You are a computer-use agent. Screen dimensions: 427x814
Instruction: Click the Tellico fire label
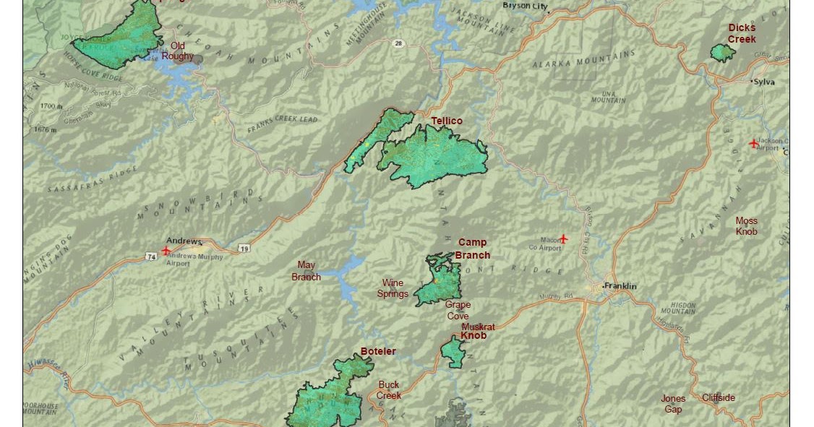[446, 121]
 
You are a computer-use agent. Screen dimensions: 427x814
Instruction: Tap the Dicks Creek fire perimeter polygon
[721, 53]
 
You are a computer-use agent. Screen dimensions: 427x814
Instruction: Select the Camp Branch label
[473, 249]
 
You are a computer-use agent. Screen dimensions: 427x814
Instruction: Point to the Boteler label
[378, 352]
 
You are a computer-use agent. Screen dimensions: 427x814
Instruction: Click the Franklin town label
[620, 286]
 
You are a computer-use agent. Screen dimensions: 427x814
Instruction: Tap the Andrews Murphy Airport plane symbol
[166, 251]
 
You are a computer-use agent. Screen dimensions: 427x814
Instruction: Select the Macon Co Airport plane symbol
[564, 238]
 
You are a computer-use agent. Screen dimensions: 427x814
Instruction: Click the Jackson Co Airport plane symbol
[754, 143]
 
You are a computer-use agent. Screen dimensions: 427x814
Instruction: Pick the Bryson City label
[525, 6]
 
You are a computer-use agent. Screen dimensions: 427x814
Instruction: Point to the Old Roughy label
[177, 51]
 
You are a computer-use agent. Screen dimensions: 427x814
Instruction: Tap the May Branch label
[306, 271]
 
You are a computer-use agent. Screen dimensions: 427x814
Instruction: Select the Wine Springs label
[393, 288]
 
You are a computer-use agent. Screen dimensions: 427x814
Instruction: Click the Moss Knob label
[747, 226]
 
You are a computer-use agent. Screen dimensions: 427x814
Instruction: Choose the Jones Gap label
[672, 404]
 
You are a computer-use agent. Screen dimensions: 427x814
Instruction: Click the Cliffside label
[719, 397]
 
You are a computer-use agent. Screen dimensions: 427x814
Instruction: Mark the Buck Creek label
[388, 390]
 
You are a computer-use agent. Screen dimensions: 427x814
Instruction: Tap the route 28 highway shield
[398, 44]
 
